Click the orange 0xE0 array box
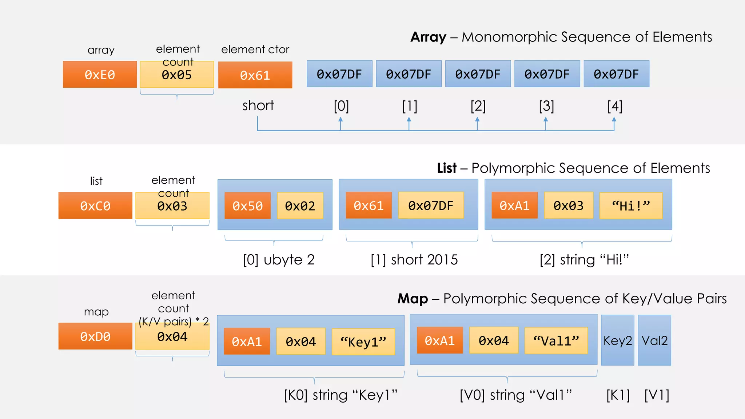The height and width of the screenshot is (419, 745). [100, 75]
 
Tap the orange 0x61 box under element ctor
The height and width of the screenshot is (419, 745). [255, 75]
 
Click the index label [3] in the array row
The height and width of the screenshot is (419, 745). [546, 106]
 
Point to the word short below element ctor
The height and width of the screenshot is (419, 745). [258, 106]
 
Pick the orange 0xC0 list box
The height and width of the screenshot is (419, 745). [95, 206]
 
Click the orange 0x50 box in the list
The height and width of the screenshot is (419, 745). [247, 206]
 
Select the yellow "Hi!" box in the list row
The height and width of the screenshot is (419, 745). [631, 206]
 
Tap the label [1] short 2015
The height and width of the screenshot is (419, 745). [414, 260]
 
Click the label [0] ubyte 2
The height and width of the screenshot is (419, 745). [279, 260]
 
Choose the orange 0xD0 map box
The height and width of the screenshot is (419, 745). [95, 336]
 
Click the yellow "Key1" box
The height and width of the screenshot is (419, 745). [363, 342]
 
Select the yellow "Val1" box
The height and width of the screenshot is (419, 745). [556, 341]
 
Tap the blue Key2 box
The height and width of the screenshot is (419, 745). [617, 340]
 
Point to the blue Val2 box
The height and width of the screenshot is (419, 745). [654, 340]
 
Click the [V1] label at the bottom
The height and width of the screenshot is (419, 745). [657, 395]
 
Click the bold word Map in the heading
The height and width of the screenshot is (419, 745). [413, 299]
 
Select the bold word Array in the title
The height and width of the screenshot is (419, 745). [428, 37]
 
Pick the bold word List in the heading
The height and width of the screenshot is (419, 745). [446, 168]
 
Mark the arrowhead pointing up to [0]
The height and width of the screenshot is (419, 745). [340, 119]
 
